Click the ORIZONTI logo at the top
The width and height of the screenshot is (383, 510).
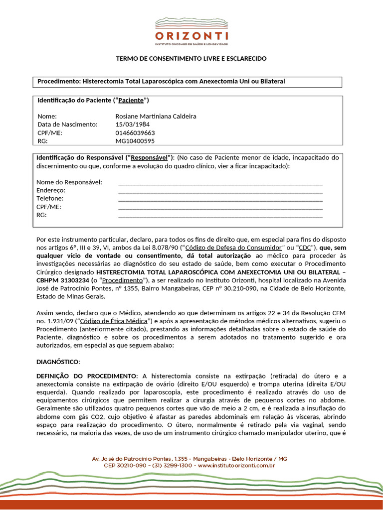[x=191, y=31]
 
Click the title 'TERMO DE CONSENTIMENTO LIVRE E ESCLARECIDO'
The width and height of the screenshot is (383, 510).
[x=191, y=59]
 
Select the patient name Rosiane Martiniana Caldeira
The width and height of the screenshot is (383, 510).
[x=156, y=116]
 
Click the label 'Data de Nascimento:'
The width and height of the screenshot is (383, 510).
[x=67, y=125]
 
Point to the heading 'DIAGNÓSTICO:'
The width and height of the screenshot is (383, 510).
[x=58, y=362]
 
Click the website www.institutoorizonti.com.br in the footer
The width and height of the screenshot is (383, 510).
[x=237, y=465]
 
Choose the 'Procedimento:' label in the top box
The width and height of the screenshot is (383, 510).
[x=59, y=81]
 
